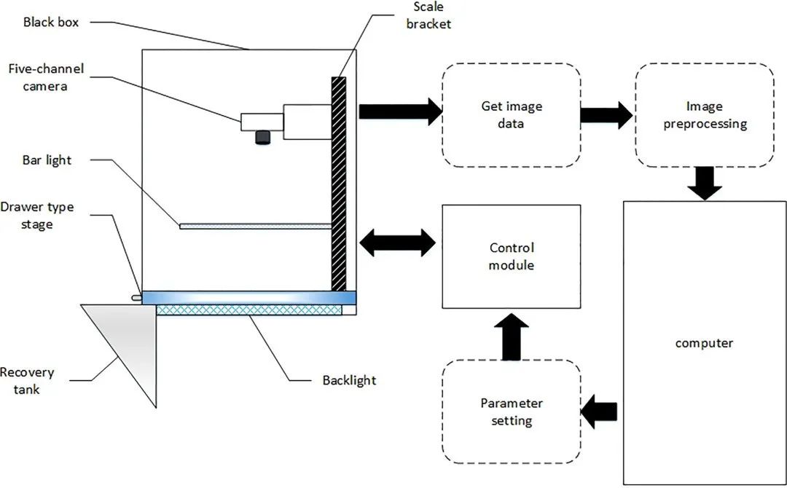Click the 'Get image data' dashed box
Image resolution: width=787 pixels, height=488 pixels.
[x=512, y=115]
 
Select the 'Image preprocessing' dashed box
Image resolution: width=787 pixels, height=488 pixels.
[x=705, y=115]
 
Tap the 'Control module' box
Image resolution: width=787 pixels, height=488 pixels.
[x=512, y=256]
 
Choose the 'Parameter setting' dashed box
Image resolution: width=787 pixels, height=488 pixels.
[x=512, y=412]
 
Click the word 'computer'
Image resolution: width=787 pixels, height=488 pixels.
[x=704, y=342]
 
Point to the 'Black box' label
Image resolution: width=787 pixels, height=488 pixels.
[x=51, y=22]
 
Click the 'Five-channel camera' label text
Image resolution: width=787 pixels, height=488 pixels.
[x=46, y=78]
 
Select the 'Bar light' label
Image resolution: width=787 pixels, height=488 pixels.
[x=47, y=160]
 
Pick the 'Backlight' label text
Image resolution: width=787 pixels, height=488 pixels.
[x=349, y=380]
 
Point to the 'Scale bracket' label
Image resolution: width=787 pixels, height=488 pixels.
[x=432, y=15]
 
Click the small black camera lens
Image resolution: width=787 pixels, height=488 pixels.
[x=262, y=137]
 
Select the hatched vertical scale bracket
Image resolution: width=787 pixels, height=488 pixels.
[x=339, y=182]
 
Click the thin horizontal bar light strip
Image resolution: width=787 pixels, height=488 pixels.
[x=255, y=226]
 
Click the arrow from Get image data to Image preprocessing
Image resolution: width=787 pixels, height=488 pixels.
[x=606, y=115]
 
